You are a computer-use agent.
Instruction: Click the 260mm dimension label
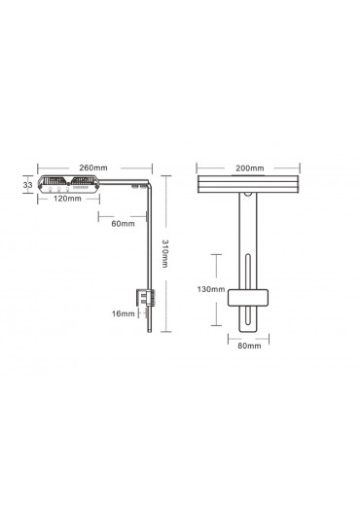(93, 167)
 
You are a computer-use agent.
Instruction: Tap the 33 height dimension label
(27, 185)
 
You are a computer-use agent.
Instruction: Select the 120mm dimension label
(67, 199)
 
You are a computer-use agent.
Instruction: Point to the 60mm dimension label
(123, 224)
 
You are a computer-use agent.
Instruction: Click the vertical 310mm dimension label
(165, 254)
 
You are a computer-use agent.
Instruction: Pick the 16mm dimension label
(124, 313)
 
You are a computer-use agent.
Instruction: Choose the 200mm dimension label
(250, 168)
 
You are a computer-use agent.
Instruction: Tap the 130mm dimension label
(211, 289)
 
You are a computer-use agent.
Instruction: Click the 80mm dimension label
(249, 346)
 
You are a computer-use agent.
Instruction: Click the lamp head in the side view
(69, 184)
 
